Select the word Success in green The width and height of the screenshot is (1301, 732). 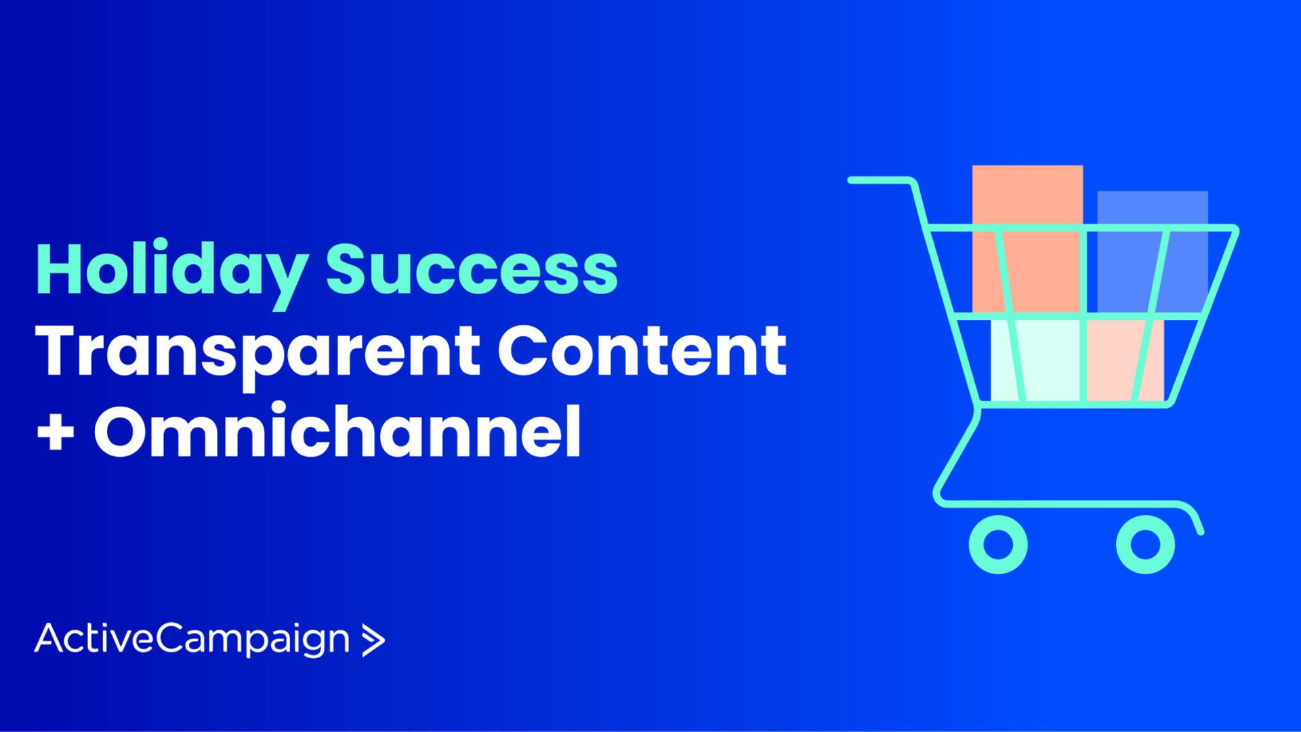click(x=472, y=270)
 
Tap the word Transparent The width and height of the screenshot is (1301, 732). click(x=258, y=352)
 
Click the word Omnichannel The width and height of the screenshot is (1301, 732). click(x=337, y=432)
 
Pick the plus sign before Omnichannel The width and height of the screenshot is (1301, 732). click(x=56, y=432)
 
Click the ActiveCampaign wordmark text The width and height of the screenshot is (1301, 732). click(x=192, y=638)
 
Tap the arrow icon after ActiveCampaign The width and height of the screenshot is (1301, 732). click(x=373, y=640)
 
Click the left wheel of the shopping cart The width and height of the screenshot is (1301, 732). click(x=998, y=544)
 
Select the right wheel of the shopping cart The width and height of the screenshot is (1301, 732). click(x=1145, y=544)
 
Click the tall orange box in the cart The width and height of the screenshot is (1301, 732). click(x=1027, y=237)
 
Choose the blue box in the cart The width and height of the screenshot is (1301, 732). click(x=1152, y=251)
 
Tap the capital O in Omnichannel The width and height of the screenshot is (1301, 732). click(x=124, y=432)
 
